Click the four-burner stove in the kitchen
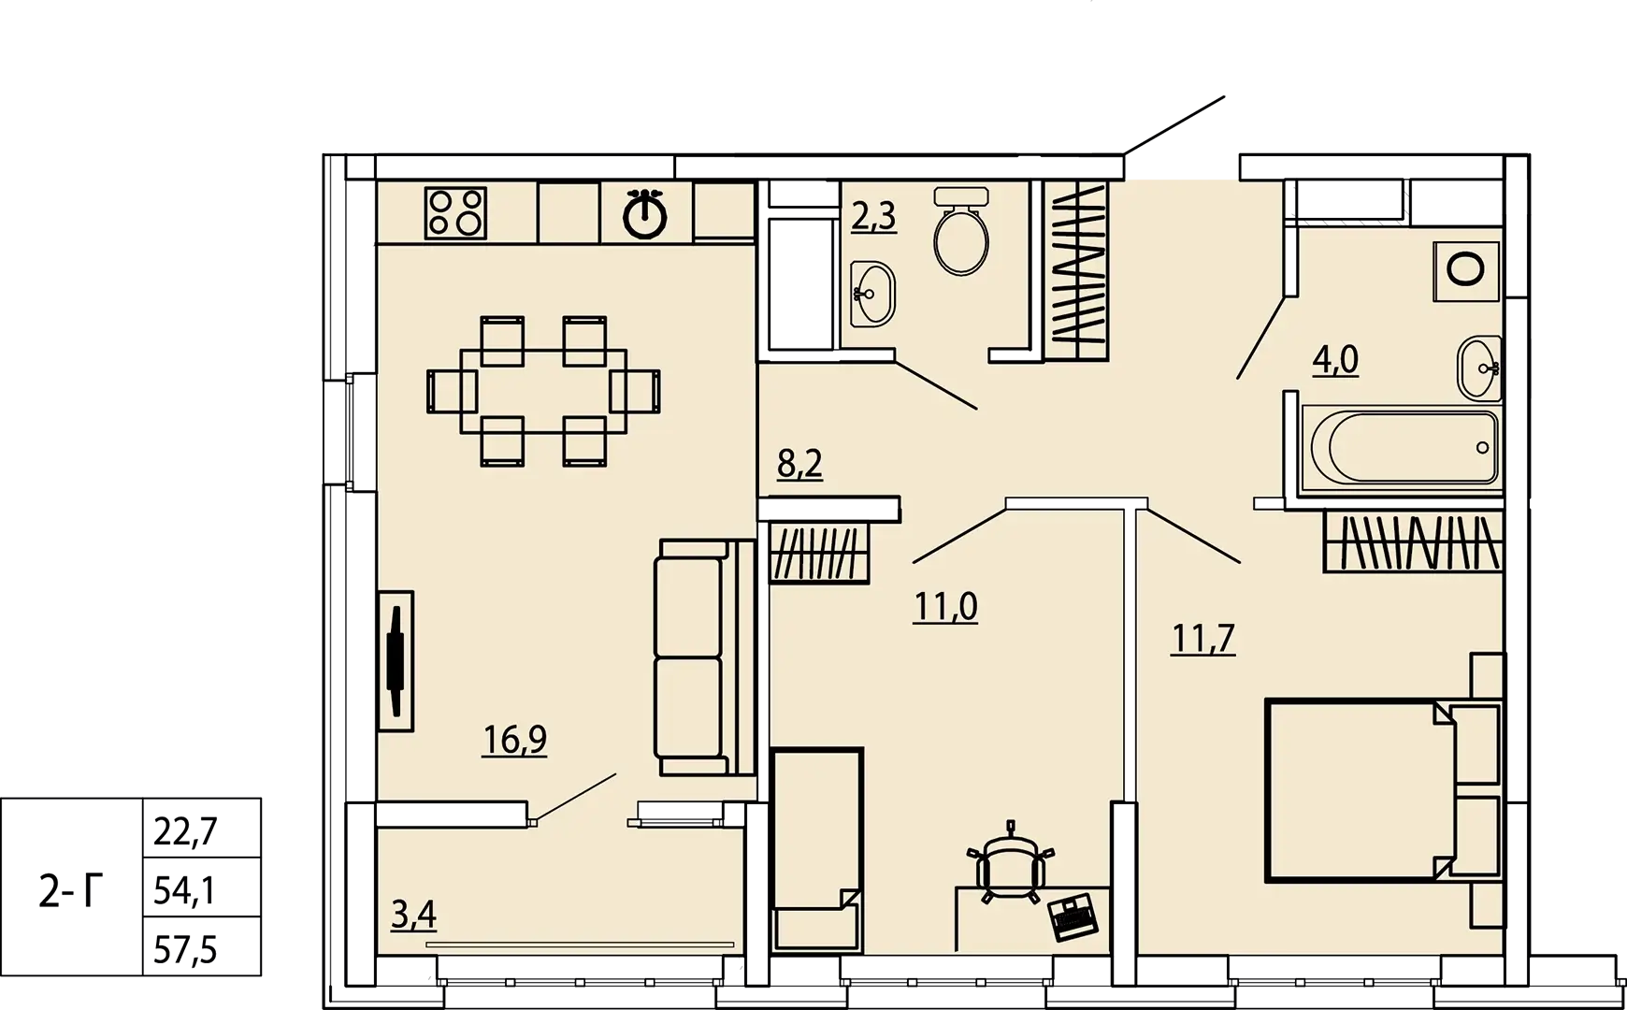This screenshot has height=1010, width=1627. point(455,212)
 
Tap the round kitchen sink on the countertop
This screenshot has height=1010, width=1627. point(644,214)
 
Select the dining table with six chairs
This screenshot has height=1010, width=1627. point(543,391)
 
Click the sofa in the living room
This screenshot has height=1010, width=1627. point(704,656)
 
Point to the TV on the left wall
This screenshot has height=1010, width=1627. point(396,660)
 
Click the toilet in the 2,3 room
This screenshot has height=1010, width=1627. point(961,230)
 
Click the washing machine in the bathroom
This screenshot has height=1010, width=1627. point(1466,270)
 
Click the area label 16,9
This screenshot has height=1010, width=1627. point(514,740)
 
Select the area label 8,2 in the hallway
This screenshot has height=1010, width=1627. point(799,463)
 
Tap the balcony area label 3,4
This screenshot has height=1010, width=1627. point(413,915)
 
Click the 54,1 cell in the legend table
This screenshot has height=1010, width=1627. point(184,890)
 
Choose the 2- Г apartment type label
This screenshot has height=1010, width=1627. point(71,892)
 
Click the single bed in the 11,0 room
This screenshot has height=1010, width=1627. point(817,849)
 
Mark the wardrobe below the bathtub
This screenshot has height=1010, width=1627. point(1413,541)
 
